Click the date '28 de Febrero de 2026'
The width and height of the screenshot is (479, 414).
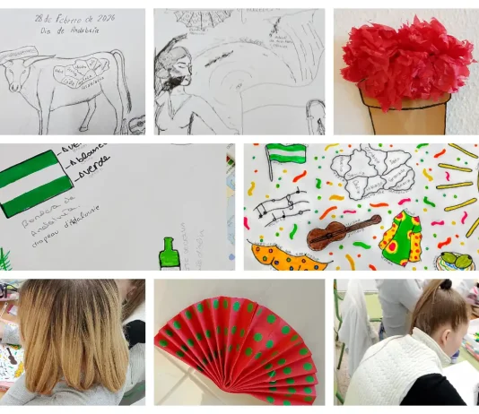pos(74,19)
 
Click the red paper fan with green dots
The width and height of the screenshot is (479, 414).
pos(239,346)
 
